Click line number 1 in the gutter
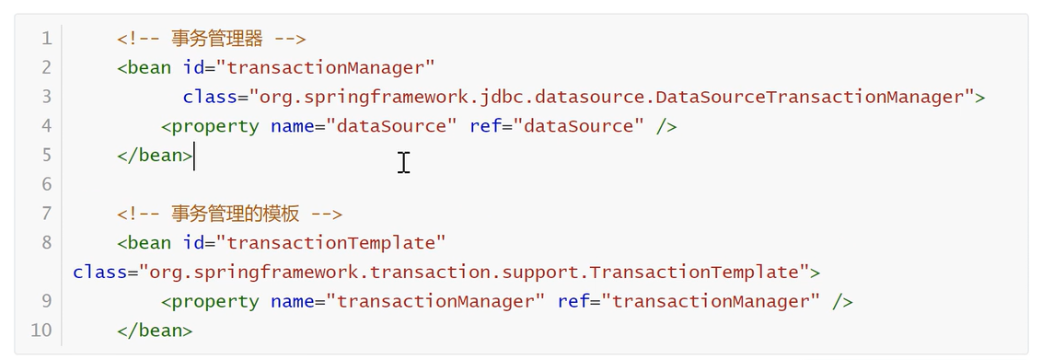pos(47,39)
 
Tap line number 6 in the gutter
pos(47,184)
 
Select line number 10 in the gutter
pos(41,331)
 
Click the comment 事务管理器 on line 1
pos(217,39)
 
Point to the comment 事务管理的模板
pos(236,214)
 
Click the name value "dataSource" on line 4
pos(390,126)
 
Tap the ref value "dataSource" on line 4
pos(577,126)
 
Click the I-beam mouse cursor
pos(403,163)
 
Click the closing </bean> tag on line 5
pos(155,156)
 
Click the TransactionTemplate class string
pos(474,273)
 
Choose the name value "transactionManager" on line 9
pos(434,302)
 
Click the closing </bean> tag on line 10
pos(155,331)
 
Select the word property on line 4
pos(215,127)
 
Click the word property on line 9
pos(215,302)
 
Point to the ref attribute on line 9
pos(573,302)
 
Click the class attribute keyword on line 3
pos(210,97)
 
